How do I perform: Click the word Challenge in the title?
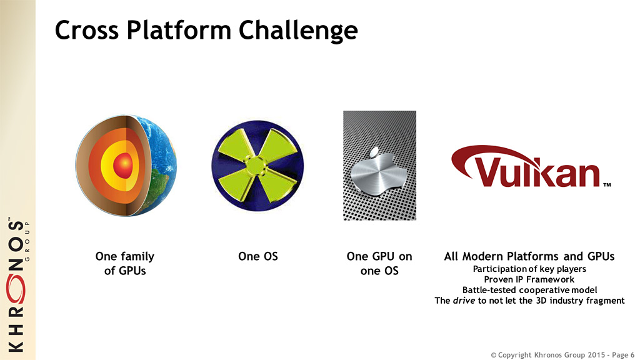(x=298, y=31)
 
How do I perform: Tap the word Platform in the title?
(x=178, y=30)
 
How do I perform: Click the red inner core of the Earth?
(x=123, y=165)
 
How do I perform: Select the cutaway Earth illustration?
(x=126, y=165)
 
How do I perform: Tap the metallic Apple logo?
(x=378, y=172)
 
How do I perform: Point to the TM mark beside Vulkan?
(x=607, y=185)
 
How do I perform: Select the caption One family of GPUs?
(x=125, y=264)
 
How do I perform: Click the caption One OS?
(x=258, y=256)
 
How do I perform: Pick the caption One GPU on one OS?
(x=379, y=264)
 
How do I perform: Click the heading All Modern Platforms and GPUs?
(x=529, y=256)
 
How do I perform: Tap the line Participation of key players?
(x=529, y=269)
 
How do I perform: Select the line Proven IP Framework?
(x=529, y=279)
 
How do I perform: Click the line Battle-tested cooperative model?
(x=529, y=290)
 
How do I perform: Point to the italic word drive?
(x=464, y=301)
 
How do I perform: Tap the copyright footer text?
(x=562, y=355)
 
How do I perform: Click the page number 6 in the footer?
(x=632, y=355)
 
